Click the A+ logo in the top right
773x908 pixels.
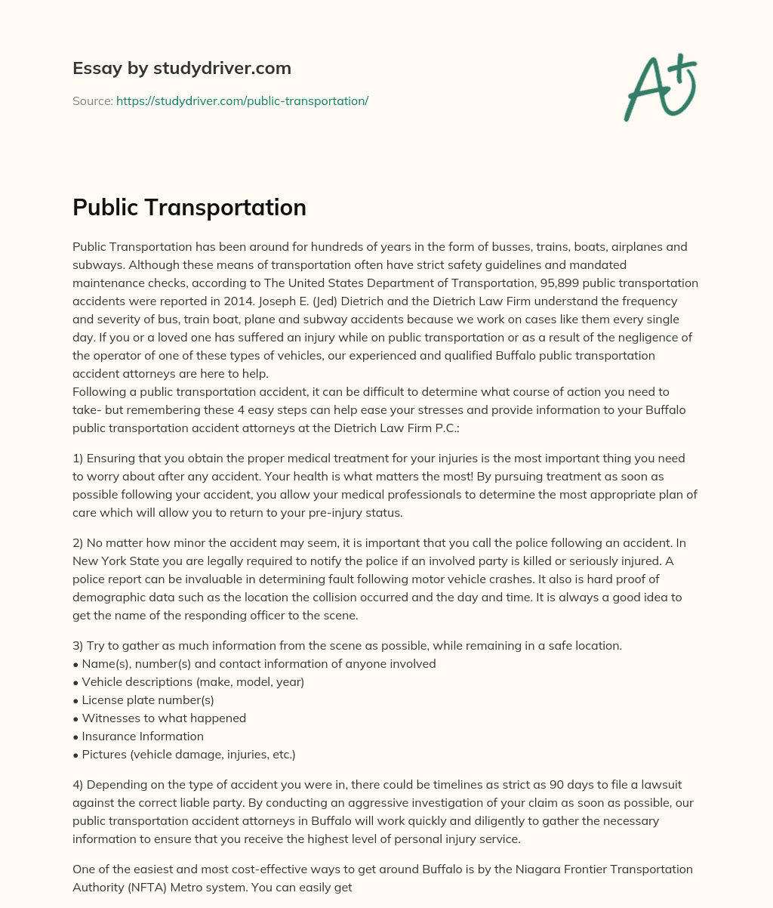tap(660, 88)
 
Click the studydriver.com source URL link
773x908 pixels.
tap(242, 100)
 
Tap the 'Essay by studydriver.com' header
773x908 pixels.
tap(181, 68)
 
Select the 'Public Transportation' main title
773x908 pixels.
tap(189, 207)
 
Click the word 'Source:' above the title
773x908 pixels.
tap(92, 100)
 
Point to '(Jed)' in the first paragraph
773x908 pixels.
tap(322, 301)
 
